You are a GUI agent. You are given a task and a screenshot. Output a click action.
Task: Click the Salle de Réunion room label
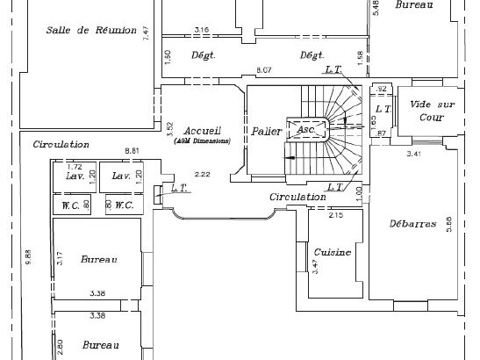pos(91,31)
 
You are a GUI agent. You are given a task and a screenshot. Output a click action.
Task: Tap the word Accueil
pos(201,130)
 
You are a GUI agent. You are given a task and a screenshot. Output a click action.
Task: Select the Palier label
pos(266,131)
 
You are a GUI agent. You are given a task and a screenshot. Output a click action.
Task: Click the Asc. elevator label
pos(305,129)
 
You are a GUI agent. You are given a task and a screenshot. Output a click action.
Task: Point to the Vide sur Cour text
pos(426,110)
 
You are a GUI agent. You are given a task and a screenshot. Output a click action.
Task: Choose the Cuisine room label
pos(333,252)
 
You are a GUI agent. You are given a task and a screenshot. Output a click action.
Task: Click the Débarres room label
pos(412,224)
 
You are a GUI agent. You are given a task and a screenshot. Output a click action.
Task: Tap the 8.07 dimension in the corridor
pos(262,69)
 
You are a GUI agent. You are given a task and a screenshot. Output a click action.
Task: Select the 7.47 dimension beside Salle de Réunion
pos(147,34)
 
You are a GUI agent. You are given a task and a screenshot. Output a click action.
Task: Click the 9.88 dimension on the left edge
pos(28,257)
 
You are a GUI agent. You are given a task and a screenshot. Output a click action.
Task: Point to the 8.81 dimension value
pos(133,152)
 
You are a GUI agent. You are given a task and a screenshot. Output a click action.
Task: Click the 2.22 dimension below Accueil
pos(202,174)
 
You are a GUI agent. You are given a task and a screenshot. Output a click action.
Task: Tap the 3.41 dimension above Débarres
pos(414,155)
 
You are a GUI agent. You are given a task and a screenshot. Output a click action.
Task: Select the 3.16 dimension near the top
pos(201,31)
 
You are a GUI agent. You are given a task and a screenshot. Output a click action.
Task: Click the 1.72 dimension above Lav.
pos(75,166)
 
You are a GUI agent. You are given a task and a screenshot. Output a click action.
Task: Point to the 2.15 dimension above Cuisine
pos(335,214)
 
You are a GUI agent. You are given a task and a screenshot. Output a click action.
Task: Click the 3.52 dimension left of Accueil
pos(168,128)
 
